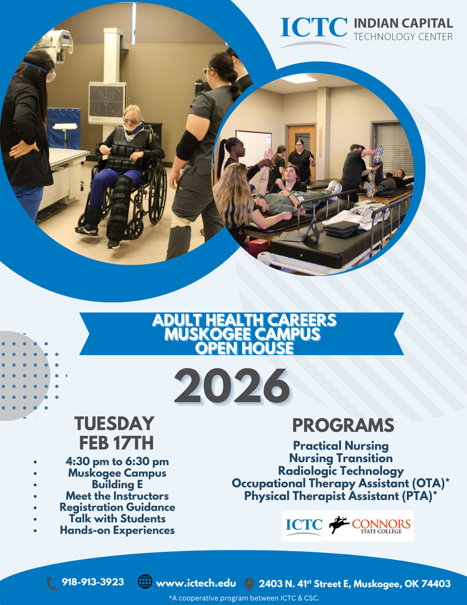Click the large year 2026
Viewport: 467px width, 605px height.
tap(232, 388)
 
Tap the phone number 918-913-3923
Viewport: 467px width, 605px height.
tap(93, 582)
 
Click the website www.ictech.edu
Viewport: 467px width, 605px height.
tap(195, 583)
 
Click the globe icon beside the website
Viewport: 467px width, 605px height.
tap(145, 582)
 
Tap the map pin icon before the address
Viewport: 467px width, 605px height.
tap(249, 584)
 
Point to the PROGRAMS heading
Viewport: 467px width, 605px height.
tap(343, 425)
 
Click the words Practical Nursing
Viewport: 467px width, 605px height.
tap(341, 445)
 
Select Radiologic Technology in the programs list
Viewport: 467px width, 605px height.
tap(341, 471)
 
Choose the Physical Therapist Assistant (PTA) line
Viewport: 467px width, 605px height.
tap(341, 496)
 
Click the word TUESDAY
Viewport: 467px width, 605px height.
tap(114, 424)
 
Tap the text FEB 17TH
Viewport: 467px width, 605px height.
tap(116, 443)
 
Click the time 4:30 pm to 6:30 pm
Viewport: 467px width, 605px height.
tap(117, 461)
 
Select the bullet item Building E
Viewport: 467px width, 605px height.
tap(117, 484)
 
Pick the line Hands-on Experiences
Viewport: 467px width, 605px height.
tap(117, 530)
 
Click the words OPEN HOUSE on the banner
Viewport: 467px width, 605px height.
tap(244, 348)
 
